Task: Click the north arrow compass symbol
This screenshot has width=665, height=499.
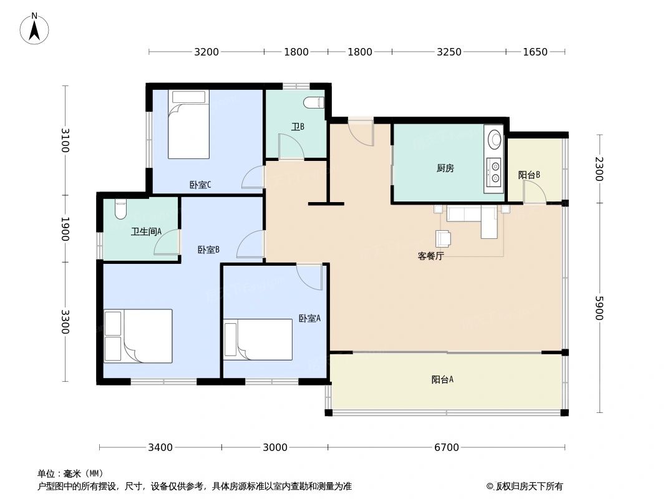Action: click(35, 29)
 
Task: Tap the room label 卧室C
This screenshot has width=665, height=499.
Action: click(200, 185)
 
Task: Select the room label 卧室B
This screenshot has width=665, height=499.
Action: click(208, 250)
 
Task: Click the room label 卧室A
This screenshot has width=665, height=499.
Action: click(309, 318)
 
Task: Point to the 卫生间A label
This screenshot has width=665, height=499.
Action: click(146, 231)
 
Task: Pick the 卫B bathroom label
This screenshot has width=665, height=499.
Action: click(298, 127)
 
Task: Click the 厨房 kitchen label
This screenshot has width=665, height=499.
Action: click(445, 168)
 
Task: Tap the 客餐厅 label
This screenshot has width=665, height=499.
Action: click(430, 256)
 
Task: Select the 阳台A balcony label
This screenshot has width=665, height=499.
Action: click(442, 379)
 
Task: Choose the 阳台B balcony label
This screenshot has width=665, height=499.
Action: click(529, 175)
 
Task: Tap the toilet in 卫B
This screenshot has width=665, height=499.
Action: click(313, 102)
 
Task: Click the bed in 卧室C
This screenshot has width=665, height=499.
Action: click(188, 124)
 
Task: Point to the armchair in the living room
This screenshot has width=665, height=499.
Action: click(443, 239)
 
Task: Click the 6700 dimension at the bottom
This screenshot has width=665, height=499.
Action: click(447, 447)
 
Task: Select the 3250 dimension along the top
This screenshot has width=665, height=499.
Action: click(449, 52)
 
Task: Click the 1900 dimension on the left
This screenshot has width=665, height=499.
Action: click(65, 229)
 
